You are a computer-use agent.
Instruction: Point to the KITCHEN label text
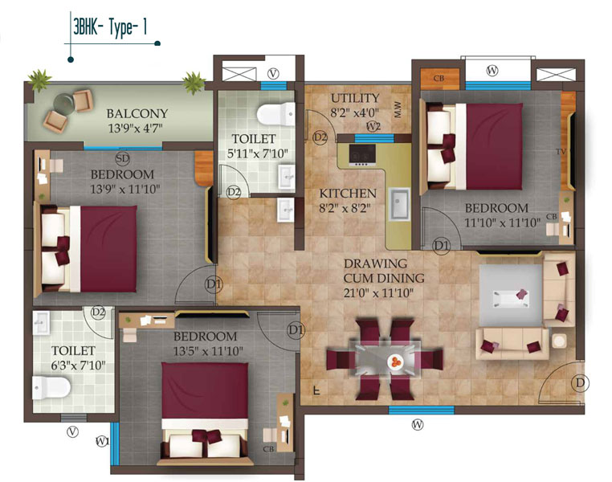[x=347, y=194]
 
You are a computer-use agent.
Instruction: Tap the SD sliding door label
[x=122, y=157]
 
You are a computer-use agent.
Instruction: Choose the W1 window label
[x=102, y=440]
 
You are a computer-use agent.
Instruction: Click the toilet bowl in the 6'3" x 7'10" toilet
[x=51, y=389]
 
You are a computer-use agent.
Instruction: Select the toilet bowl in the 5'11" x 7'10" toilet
[x=267, y=113]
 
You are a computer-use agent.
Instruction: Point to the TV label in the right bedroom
[x=561, y=151]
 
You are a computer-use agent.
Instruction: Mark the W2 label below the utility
[x=373, y=127]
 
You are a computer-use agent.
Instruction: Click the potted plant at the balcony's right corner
[x=192, y=80]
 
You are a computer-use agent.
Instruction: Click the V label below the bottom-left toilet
[x=74, y=431]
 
